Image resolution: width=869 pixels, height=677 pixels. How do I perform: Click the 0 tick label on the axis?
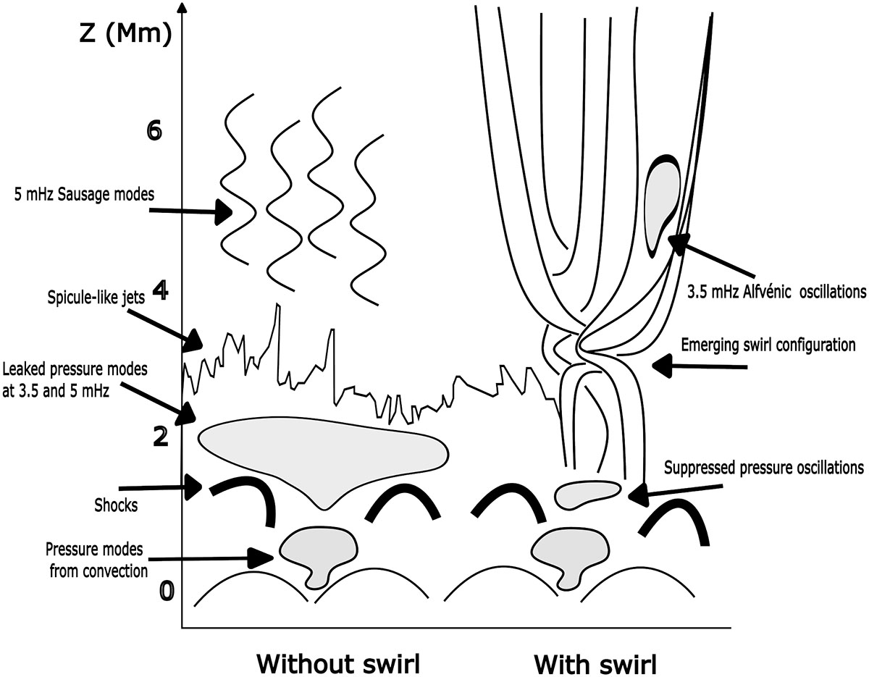[167, 591]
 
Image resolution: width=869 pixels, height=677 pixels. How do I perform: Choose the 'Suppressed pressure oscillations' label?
[764, 467]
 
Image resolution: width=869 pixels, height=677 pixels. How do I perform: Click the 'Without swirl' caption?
[339, 663]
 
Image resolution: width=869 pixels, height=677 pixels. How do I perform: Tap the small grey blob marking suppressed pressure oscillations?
[585, 493]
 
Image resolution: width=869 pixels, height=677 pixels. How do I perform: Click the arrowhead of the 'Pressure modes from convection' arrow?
[261, 558]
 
